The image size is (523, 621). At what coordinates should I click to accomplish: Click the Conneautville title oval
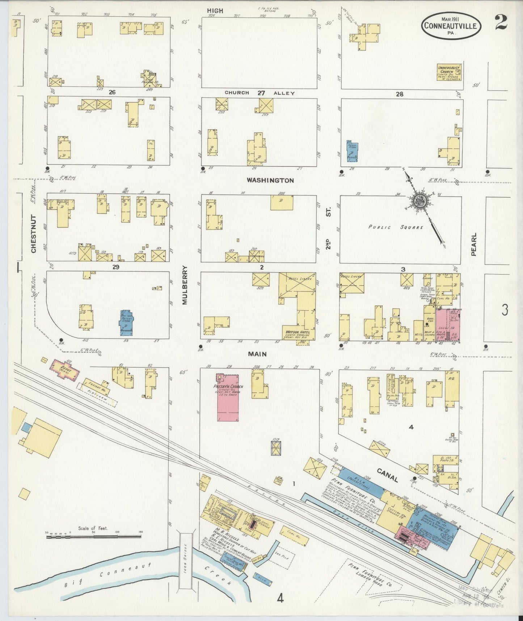tap(452, 26)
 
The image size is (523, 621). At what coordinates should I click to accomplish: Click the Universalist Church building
tap(449, 72)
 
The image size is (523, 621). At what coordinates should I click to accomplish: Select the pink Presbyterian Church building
tap(228, 397)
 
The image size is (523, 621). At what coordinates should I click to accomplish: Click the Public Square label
tap(396, 227)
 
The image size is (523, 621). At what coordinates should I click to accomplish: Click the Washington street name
tap(270, 180)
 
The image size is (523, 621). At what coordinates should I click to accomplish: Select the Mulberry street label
tap(185, 285)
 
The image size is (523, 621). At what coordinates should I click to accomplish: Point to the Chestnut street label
tap(34, 234)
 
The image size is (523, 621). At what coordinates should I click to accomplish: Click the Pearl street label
tap(474, 245)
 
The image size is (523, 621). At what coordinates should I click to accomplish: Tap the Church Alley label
tap(260, 93)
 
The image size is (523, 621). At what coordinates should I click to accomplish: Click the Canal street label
tap(388, 475)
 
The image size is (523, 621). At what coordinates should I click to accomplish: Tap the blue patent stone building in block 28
tap(352, 151)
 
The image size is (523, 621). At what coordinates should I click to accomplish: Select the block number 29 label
tap(115, 267)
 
